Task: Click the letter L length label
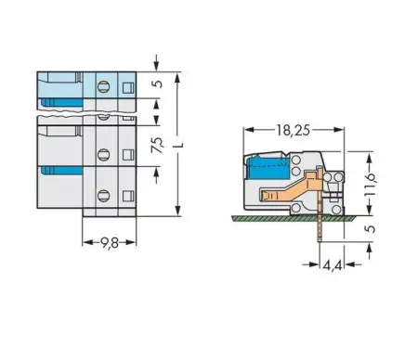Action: tap(190, 146)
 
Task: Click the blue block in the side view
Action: tap(265, 172)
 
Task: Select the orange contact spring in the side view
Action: tap(283, 195)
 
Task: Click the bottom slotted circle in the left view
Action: tap(103, 195)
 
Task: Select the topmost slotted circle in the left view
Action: tap(103, 88)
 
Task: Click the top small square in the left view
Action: tap(127, 86)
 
